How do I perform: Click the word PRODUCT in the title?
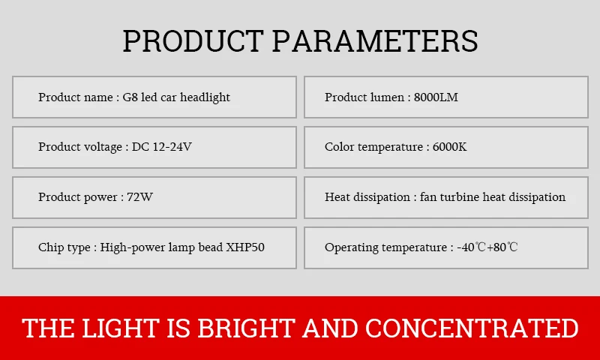tap(193, 40)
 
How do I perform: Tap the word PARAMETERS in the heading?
tap(375, 40)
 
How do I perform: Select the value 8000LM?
tap(436, 97)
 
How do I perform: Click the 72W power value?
tap(139, 197)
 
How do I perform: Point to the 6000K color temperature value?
tap(449, 147)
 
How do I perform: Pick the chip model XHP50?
tap(245, 247)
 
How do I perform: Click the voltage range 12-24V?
tap(172, 147)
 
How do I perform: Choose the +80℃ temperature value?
tap(502, 247)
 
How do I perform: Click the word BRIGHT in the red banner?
tap(246, 328)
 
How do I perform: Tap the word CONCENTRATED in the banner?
tap(472, 328)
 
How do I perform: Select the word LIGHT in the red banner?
tap(120, 328)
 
